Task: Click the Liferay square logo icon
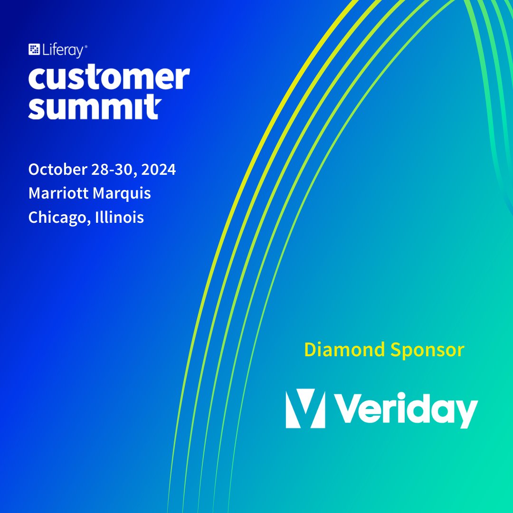pyautogui.click(x=34, y=49)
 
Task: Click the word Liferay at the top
pyautogui.click(x=62, y=50)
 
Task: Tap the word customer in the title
pyautogui.click(x=109, y=78)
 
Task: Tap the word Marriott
pyautogui.click(x=59, y=193)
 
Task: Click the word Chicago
pyautogui.click(x=57, y=218)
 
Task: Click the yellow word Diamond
pyautogui.click(x=344, y=350)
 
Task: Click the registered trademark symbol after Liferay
pyautogui.click(x=85, y=47)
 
